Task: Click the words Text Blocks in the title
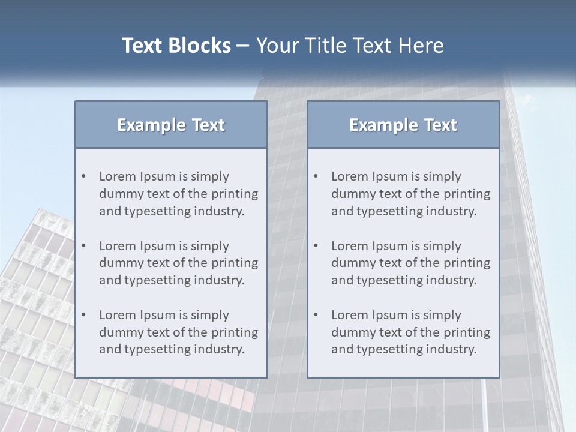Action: click(x=176, y=46)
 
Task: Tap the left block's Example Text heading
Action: click(x=171, y=125)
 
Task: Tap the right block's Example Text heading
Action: click(x=403, y=125)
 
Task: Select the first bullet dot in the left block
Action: click(x=84, y=176)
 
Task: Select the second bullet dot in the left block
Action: click(x=84, y=246)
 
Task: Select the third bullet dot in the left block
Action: click(x=84, y=315)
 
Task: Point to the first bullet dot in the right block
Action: click(x=316, y=176)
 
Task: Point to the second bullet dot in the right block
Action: click(x=316, y=246)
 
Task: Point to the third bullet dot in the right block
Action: click(x=316, y=315)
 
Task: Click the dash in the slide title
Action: click(x=243, y=46)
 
